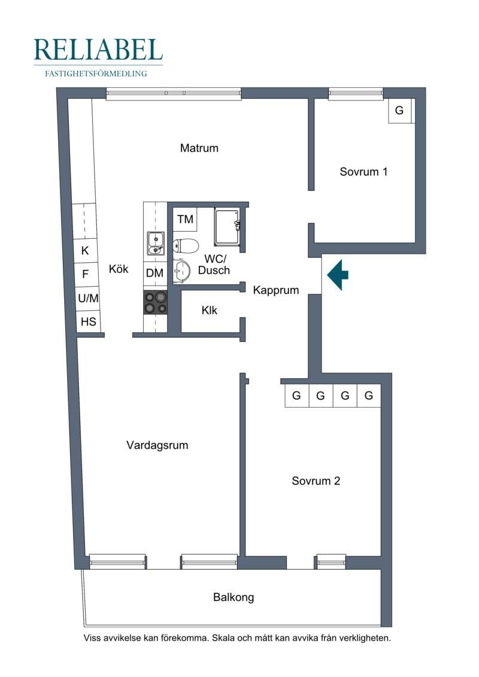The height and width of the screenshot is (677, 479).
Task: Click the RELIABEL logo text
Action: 98,50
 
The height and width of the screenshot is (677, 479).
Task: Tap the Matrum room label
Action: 199,148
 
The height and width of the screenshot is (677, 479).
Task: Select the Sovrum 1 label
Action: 363,172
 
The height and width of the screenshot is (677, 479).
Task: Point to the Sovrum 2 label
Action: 316,481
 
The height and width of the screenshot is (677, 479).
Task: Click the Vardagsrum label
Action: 157,445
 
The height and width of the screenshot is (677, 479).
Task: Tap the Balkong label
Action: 234,597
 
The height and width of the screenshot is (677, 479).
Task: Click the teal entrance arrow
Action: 338,275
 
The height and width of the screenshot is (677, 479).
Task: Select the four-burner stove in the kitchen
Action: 156,302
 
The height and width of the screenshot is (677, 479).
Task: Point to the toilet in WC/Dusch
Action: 185,246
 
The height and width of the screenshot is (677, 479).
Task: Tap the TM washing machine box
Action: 185,219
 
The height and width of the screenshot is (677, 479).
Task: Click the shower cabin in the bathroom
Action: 227,227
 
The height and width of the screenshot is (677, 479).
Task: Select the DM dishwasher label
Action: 154,273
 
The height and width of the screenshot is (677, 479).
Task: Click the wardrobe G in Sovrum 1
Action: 399,111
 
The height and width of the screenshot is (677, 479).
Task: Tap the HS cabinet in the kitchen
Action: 89,321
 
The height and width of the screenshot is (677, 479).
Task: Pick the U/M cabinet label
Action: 88,298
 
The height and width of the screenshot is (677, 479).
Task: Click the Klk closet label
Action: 210,311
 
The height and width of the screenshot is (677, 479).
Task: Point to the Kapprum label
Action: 276,290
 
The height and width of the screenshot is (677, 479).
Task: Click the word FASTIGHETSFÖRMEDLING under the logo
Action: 96,74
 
